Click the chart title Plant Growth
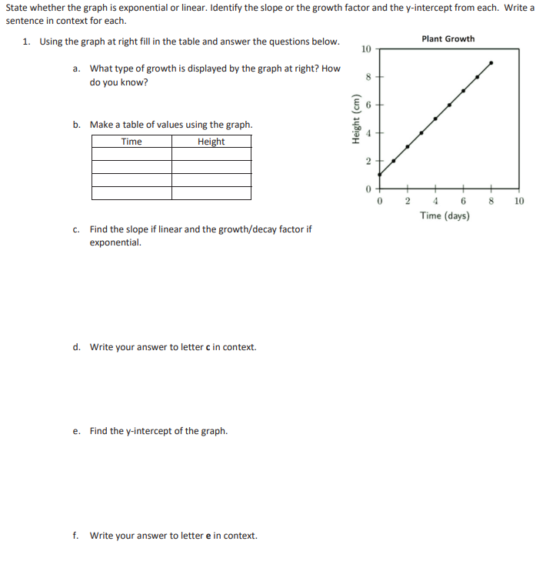(x=448, y=38)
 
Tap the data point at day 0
(x=380, y=175)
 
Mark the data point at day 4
(x=436, y=119)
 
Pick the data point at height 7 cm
(x=464, y=90)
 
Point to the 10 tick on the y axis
(x=366, y=49)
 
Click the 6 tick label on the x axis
(x=464, y=201)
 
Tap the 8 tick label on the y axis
(x=368, y=77)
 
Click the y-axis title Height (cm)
(x=355, y=119)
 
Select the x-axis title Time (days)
(x=445, y=215)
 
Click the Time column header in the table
(x=132, y=142)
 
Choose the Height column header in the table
(x=211, y=142)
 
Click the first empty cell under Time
(x=132, y=154)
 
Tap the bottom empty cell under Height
(x=211, y=192)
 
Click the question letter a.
(x=76, y=68)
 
